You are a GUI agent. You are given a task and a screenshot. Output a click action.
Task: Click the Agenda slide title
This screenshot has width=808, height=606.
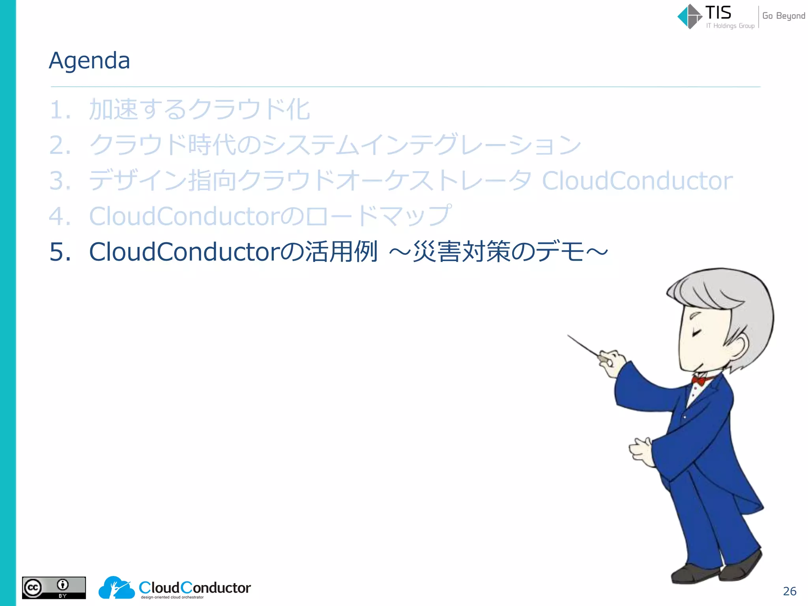tap(89, 61)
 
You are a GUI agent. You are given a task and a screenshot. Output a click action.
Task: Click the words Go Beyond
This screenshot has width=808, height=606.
tap(783, 16)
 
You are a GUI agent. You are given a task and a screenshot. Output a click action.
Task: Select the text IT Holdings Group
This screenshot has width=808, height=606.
tap(730, 26)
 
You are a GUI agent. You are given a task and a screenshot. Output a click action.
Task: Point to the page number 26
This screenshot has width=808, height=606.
tap(789, 591)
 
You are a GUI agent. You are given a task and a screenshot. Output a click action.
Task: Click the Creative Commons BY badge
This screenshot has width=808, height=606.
tap(54, 588)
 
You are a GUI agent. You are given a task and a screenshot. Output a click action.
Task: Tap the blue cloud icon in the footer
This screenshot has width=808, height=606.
tap(116, 588)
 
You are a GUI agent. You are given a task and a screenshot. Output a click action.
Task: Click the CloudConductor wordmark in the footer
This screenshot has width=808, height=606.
tap(195, 587)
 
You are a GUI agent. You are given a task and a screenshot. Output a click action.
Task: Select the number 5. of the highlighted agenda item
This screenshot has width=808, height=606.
tap(60, 252)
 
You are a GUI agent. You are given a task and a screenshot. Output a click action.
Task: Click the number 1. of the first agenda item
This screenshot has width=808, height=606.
tap(60, 110)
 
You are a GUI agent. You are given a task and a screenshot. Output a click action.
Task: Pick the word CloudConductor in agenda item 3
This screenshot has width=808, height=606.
tap(637, 181)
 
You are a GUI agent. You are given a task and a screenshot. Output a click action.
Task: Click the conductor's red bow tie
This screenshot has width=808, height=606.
tap(699, 380)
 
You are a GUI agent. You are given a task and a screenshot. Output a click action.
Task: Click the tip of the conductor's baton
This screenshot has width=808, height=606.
tap(569, 336)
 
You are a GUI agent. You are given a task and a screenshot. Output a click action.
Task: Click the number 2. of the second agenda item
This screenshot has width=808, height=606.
tap(60, 145)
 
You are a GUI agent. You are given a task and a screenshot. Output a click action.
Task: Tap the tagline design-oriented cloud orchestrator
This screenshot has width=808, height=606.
tap(172, 597)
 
